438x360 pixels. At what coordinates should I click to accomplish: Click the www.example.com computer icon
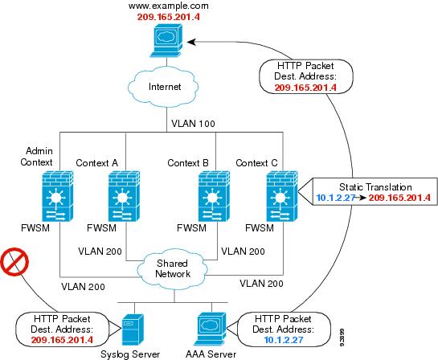167,41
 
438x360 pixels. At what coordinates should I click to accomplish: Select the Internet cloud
163,87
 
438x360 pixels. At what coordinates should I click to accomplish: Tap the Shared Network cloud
172,268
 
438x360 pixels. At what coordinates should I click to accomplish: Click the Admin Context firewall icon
58,196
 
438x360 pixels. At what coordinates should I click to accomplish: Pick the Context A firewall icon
124,196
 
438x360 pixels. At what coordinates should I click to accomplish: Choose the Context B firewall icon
214,196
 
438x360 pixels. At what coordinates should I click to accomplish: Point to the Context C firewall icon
282,196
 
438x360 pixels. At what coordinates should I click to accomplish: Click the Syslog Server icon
133,329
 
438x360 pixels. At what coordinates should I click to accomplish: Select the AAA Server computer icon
211,329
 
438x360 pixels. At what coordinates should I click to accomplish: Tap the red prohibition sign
14,262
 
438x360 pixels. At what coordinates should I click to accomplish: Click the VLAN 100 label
193,124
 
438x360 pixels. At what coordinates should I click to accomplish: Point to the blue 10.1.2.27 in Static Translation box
335,198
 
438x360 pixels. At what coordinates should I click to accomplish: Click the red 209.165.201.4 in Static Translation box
399,198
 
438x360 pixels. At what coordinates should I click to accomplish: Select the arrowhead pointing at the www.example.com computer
191,42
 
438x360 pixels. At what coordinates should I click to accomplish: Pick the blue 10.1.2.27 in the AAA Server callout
284,340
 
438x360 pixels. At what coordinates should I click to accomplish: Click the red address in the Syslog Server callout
62,340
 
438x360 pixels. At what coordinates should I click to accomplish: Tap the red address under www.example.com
169,17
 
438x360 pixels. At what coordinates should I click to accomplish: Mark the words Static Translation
375,187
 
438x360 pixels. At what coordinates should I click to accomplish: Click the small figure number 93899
342,337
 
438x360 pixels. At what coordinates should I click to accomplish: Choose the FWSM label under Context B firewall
191,228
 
